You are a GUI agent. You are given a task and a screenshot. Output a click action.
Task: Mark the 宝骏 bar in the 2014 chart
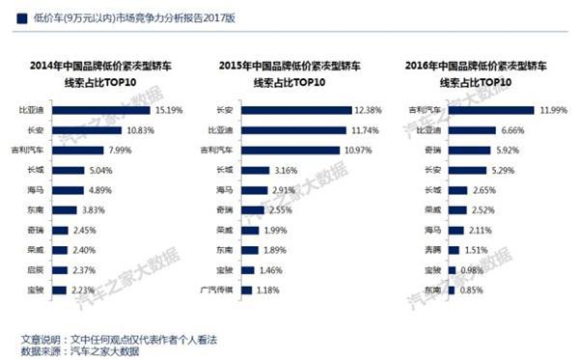[x=60, y=290]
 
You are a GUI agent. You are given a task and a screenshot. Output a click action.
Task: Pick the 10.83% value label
[x=138, y=129]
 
